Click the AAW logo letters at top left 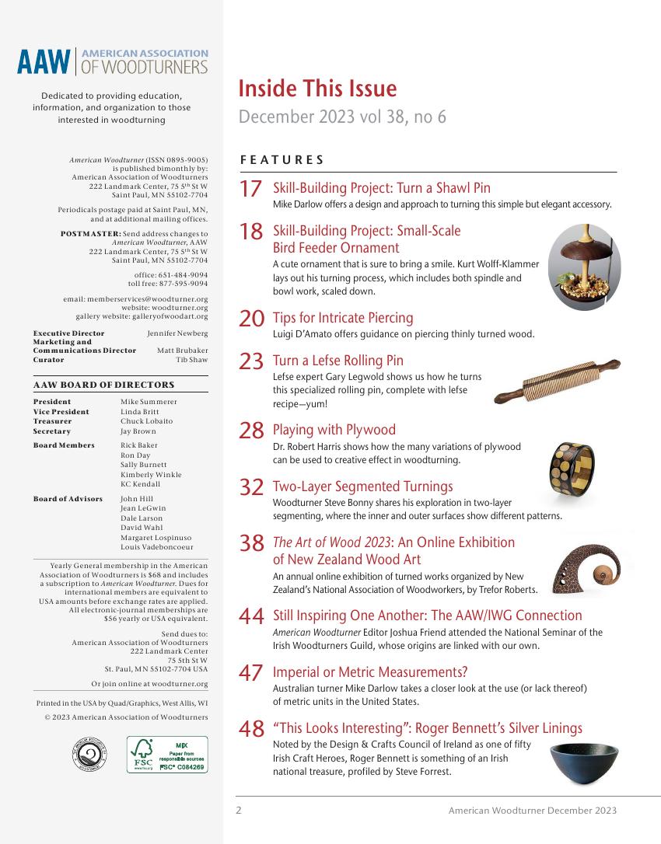[44, 62]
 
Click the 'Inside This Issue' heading [317, 89]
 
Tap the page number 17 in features [250, 190]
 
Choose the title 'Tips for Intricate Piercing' [342, 318]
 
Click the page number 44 [251, 617]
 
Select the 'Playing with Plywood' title [334, 430]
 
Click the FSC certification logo [167, 755]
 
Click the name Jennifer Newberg [177, 333]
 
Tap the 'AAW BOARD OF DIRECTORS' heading [103, 385]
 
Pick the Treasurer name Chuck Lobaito [146, 421]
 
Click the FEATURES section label [282, 160]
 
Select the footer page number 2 [239, 811]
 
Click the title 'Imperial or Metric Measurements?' [369, 672]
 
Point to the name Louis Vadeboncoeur [157, 547]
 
